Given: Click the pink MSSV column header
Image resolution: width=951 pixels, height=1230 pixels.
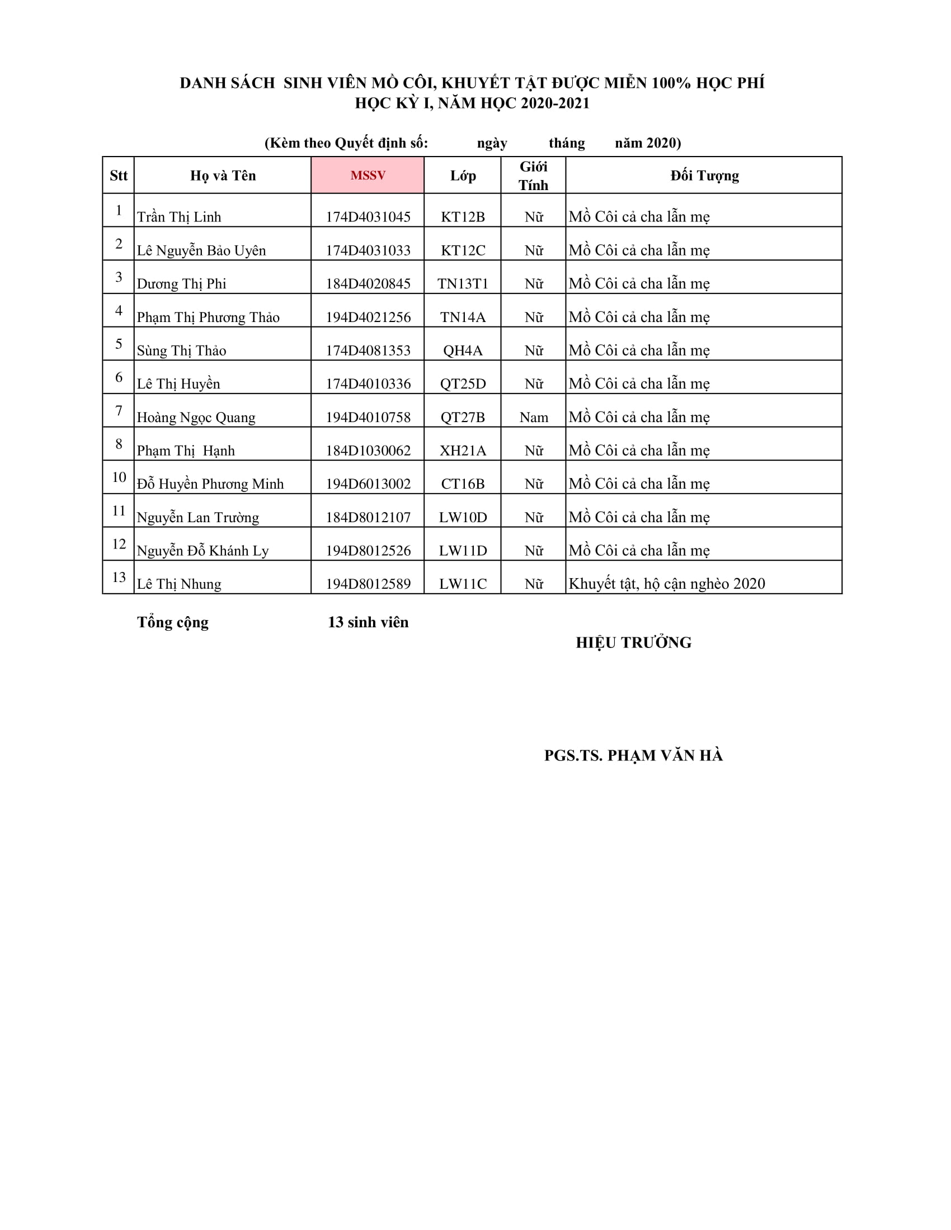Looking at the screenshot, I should tap(368, 175).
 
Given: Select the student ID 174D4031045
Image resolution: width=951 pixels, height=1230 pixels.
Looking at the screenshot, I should tap(368, 217).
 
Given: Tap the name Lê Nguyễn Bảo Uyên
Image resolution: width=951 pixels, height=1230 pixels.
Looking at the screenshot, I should tap(201, 250).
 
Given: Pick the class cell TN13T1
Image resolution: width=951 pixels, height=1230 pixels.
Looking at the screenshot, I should tap(463, 283).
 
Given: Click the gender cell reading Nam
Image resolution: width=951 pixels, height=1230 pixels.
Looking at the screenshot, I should tap(534, 417).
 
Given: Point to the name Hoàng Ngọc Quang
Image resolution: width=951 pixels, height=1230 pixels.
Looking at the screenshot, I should tap(196, 417).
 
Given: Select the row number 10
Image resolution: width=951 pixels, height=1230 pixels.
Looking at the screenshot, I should tap(119, 477).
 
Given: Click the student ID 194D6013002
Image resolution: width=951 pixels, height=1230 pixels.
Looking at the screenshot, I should tap(368, 484).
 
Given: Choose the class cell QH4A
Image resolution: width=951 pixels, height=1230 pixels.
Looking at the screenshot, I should tap(463, 351).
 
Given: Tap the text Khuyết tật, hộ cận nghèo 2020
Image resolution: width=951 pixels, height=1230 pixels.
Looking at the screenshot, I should tap(666, 584).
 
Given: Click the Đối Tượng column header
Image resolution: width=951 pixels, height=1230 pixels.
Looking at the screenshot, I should tap(704, 176).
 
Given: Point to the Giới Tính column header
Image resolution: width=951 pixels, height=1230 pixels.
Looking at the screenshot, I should tap(533, 176).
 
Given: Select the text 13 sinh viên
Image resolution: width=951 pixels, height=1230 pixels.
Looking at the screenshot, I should tap(368, 622).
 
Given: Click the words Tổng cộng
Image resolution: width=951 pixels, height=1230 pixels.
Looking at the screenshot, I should tap(172, 622).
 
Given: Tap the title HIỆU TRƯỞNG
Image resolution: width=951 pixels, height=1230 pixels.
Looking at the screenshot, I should tap(633, 642).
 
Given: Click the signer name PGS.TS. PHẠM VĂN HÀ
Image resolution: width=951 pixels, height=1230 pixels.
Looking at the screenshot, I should tap(633, 755).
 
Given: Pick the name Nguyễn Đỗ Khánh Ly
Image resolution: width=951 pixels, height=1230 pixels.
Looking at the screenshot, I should tap(203, 551).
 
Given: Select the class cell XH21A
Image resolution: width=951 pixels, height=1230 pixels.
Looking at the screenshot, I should tap(463, 451).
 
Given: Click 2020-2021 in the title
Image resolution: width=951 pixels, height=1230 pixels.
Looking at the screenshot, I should tap(555, 103).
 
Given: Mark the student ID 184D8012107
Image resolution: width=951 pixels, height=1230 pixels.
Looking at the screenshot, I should tap(368, 517).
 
